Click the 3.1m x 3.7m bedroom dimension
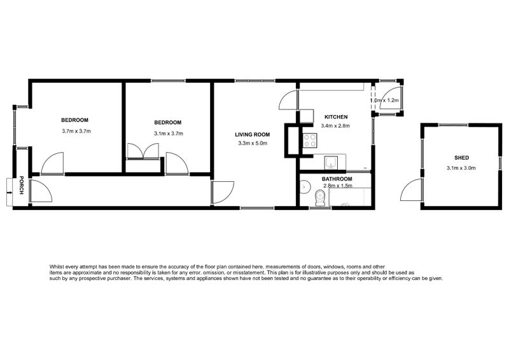168,134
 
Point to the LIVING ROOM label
253,134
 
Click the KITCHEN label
336,117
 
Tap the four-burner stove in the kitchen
310,141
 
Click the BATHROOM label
337,179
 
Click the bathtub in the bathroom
349,198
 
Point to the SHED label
461,158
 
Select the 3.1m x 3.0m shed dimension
461,168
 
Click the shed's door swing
412,191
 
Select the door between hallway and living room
222,193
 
